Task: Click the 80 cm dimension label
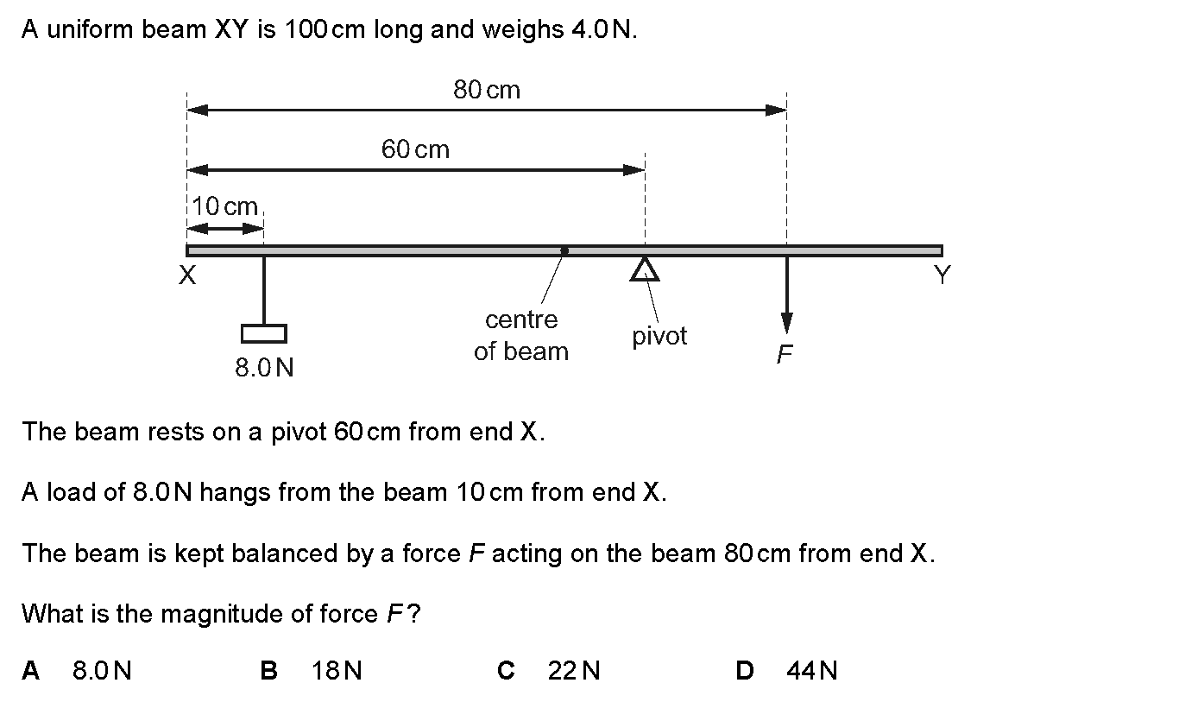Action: (487, 90)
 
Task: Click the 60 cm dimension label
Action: (415, 149)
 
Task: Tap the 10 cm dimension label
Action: (224, 206)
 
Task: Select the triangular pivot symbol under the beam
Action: (645, 269)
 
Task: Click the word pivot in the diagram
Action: (659, 337)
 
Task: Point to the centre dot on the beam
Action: (564, 250)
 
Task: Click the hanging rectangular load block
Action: (264, 333)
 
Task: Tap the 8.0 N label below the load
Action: (264, 368)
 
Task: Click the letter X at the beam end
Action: (187, 275)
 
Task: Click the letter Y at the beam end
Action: (942, 275)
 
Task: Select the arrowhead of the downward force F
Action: (787, 322)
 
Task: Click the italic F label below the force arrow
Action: (785, 354)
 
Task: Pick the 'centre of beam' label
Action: (520, 336)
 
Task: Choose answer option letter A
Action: (30, 671)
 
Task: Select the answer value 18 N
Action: (337, 671)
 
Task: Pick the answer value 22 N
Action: (573, 671)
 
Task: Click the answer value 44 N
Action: (812, 671)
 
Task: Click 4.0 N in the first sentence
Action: (602, 29)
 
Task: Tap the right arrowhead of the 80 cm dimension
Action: (776, 111)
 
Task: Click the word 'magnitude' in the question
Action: (222, 614)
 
